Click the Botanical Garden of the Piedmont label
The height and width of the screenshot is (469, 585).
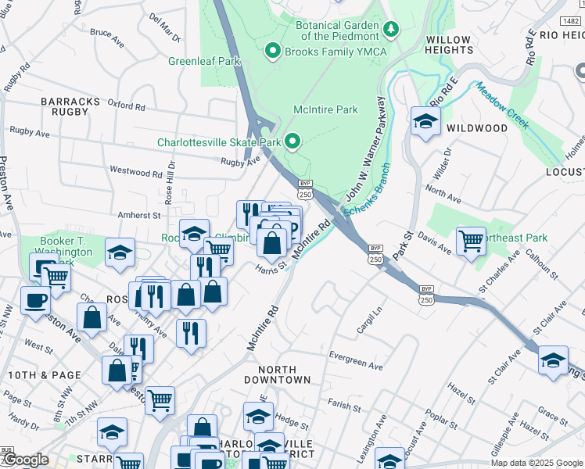[x=336, y=30]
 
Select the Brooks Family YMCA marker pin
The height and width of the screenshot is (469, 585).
[x=272, y=52]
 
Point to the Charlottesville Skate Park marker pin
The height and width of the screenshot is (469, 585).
[x=292, y=142]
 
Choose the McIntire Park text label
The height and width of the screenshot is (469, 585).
[x=325, y=109]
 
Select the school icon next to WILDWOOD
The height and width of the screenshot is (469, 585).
[x=425, y=122]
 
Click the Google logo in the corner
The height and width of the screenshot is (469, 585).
[x=25, y=460]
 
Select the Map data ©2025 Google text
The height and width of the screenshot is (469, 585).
[x=536, y=463]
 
